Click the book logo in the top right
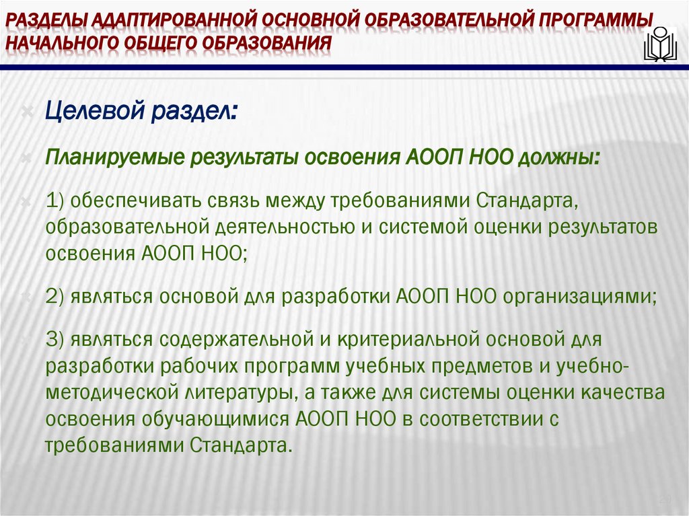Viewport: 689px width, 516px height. [661, 43]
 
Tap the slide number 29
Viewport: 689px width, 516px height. [665, 498]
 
